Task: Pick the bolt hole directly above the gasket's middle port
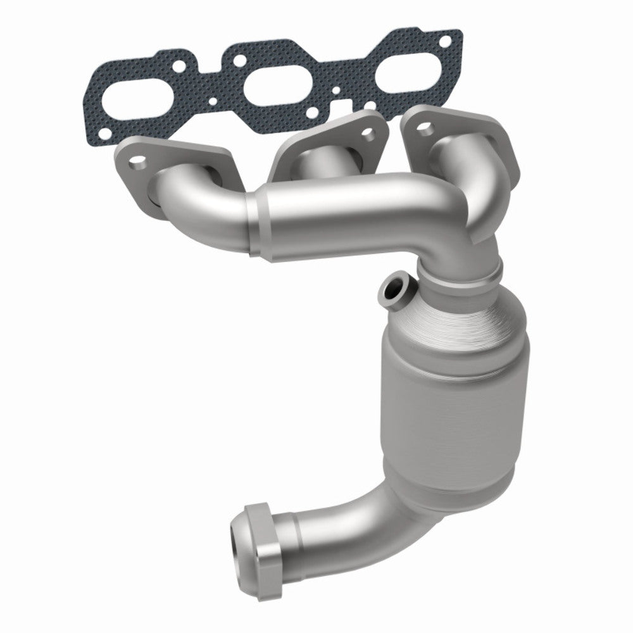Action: click(240, 61)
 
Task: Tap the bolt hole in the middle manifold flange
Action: click(366, 135)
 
